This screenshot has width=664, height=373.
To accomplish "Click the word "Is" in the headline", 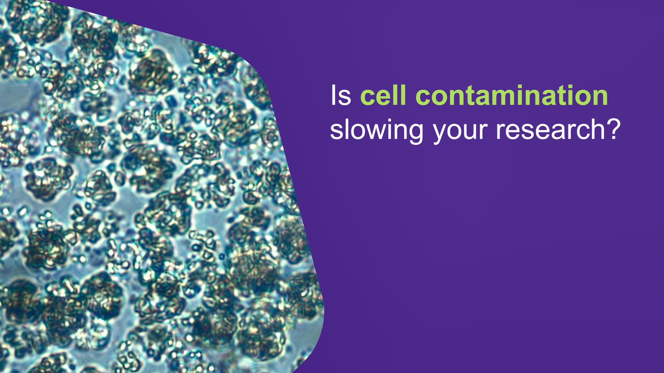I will click(341, 96).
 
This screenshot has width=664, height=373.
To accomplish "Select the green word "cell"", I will click(383, 96).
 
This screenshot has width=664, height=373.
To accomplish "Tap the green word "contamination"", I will click(511, 96).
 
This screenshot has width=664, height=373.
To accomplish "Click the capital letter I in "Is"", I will click(333, 96).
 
